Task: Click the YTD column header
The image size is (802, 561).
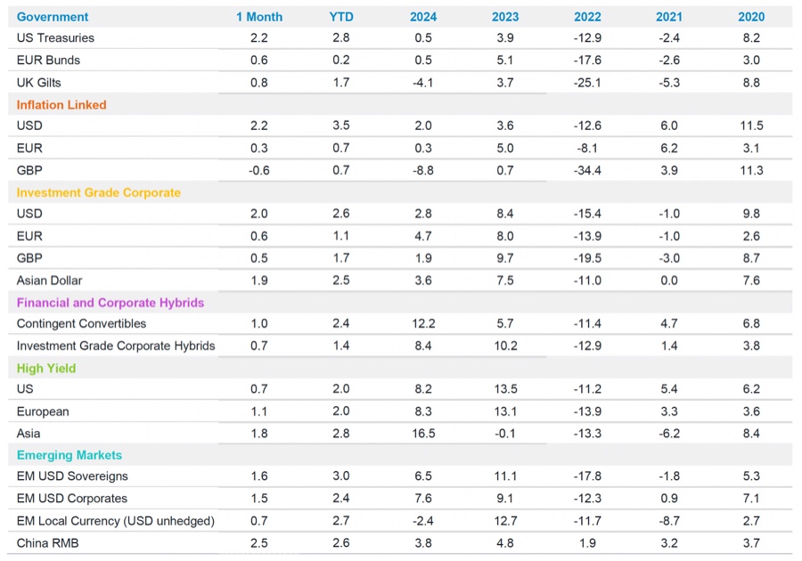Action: pos(340,17)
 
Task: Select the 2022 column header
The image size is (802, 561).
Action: pos(588,17)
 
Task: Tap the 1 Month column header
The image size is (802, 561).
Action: pos(258,17)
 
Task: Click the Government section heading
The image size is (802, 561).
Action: pos(53,17)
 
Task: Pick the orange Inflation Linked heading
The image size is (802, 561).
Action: pos(61,104)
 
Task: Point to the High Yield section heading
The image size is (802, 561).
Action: pos(46,368)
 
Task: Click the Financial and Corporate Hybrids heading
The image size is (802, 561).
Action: pos(110,303)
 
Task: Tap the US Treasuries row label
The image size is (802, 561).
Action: pos(55,38)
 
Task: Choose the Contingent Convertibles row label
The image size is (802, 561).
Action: pos(81,324)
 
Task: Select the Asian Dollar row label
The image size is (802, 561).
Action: pos(50,280)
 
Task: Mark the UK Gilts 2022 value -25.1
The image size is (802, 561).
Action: pos(588,82)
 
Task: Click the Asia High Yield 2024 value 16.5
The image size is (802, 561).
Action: pos(423,433)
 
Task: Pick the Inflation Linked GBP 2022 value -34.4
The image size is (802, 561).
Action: pos(588,170)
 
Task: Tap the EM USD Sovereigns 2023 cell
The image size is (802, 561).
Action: pos(505,476)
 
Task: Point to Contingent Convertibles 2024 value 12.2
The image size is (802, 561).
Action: pos(423,324)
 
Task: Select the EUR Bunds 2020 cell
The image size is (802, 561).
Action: pos(751,61)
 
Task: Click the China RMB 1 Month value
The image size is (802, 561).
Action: pos(258,542)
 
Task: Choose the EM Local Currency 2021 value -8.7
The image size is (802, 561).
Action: pos(669,520)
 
